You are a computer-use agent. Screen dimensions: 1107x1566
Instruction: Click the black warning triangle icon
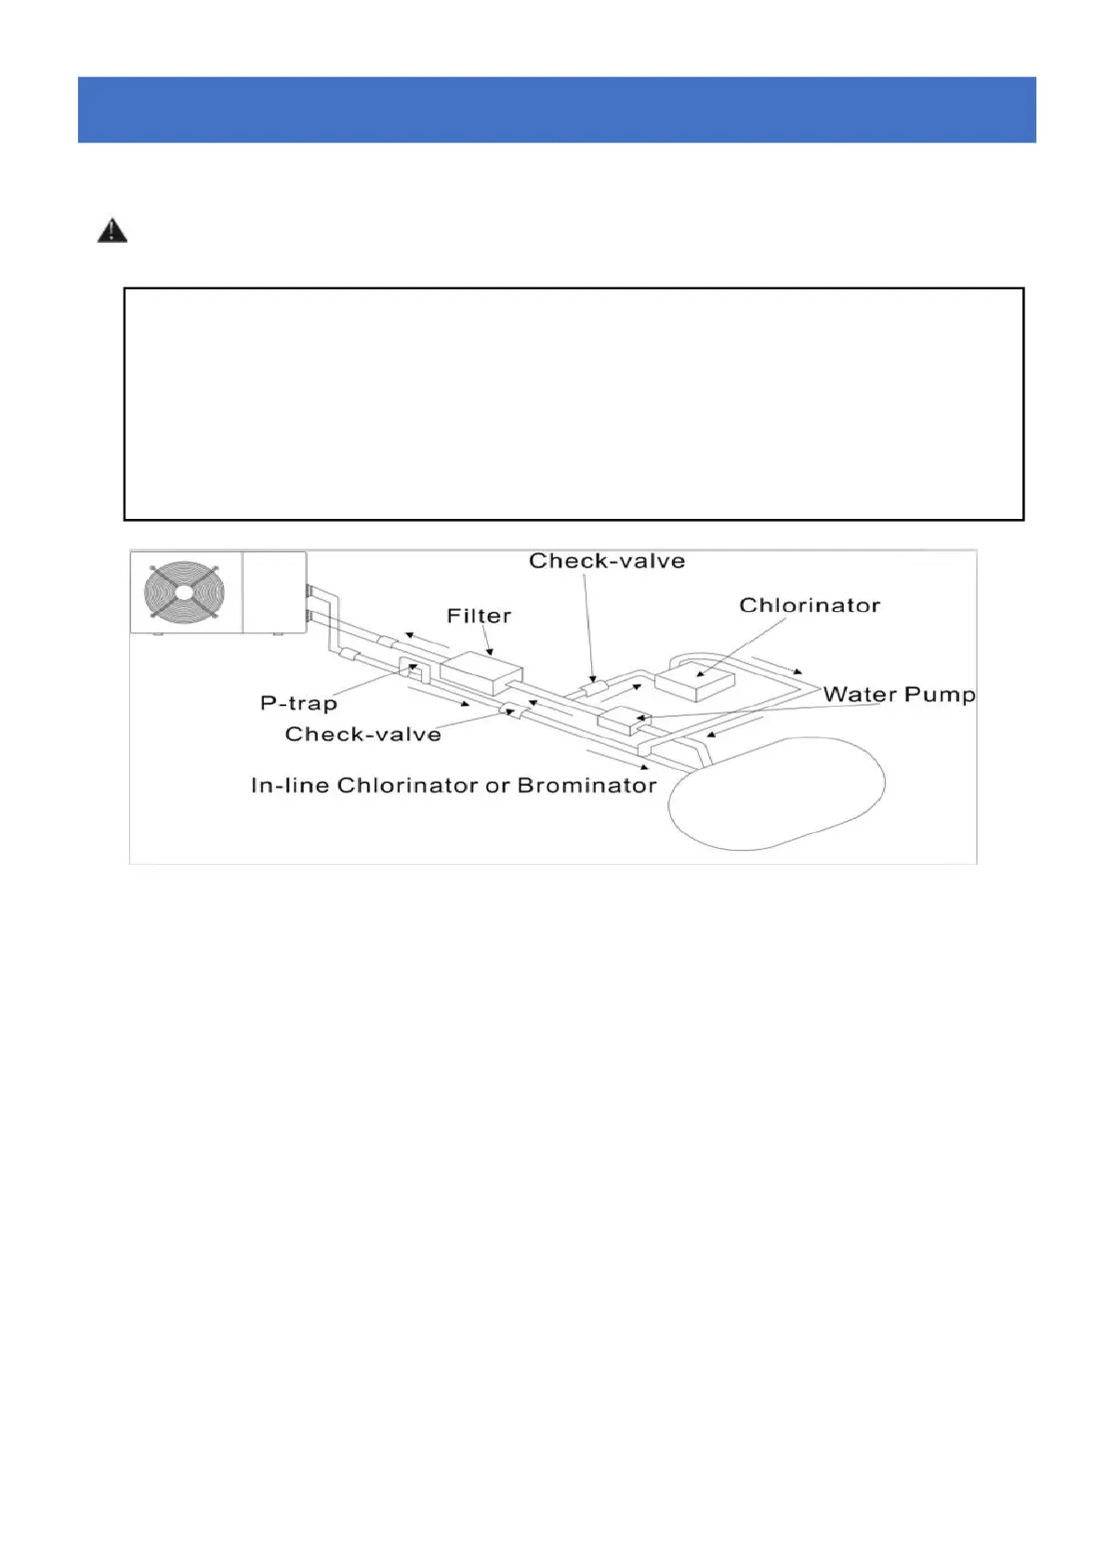112,231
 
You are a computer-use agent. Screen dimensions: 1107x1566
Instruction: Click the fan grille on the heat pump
184,591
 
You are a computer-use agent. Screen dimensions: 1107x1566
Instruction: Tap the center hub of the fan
184,591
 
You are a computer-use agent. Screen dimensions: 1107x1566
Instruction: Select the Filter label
479,616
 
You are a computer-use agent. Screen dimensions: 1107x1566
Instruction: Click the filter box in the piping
481,672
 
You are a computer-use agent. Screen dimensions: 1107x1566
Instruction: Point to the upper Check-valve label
607,561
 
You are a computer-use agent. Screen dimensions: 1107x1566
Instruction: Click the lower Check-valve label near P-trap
362,734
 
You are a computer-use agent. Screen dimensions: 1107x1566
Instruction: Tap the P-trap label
298,703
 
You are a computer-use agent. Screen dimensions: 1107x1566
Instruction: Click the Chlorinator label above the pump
810,605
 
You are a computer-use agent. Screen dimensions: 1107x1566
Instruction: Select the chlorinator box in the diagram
694,680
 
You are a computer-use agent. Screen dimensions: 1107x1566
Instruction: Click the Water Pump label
899,695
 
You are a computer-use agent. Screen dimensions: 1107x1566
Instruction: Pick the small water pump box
621,719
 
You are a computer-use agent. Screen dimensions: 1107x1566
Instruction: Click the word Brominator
586,786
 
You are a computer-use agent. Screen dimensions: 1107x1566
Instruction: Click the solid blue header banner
556,110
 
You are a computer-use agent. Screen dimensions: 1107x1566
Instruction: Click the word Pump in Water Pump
940,695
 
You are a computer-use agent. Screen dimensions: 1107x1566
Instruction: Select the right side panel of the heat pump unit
274,591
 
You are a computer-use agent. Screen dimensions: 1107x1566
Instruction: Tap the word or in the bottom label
497,786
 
